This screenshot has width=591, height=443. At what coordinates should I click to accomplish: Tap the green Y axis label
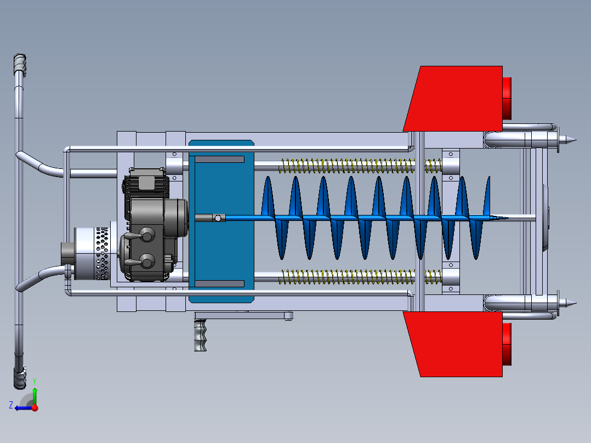pyautogui.click(x=35, y=381)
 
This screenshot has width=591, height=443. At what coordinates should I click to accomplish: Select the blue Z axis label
pyautogui.click(x=11, y=405)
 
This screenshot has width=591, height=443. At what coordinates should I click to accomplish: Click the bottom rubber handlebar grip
pyautogui.click(x=20, y=377)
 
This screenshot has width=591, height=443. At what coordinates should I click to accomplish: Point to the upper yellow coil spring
pyautogui.click(x=360, y=166)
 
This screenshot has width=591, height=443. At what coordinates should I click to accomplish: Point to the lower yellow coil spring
pyautogui.click(x=360, y=277)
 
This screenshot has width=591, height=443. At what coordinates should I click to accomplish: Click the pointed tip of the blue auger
pyautogui.click(x=507, y=218)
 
